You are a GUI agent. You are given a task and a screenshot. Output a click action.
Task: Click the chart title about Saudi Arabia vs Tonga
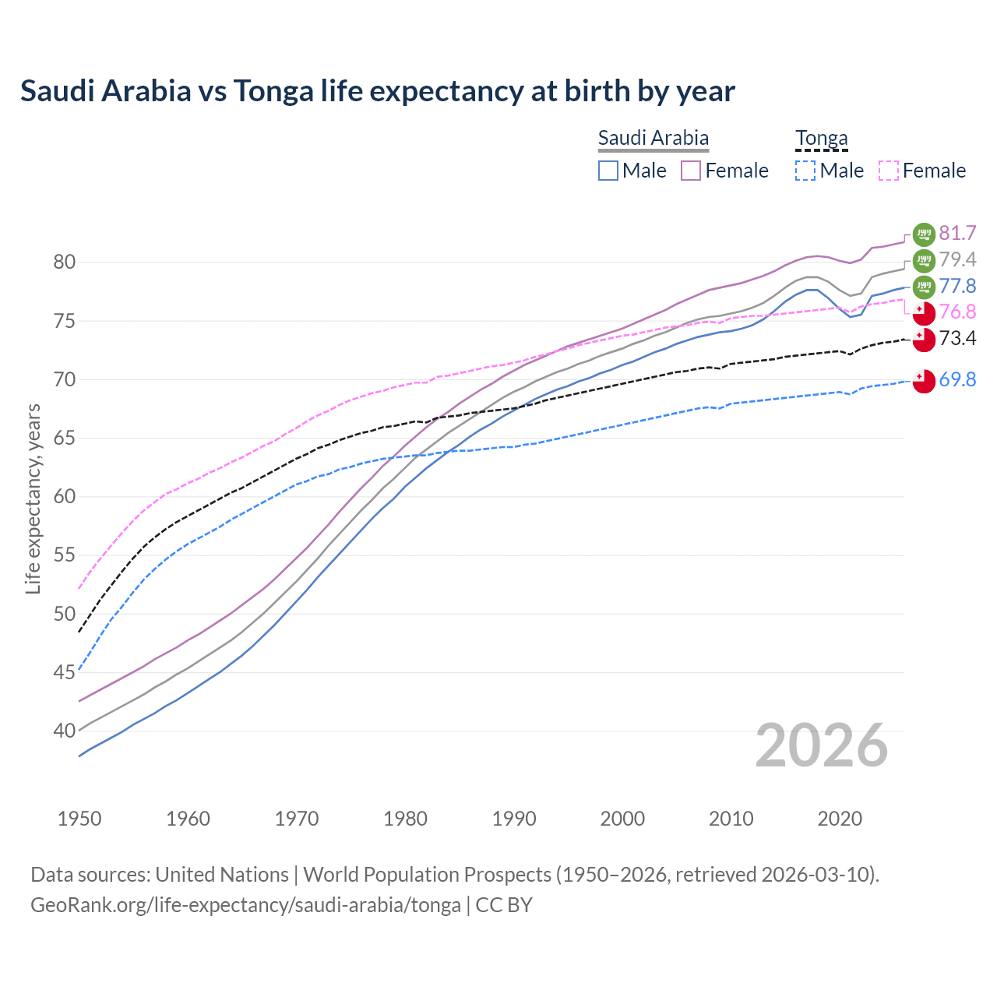point(377,91)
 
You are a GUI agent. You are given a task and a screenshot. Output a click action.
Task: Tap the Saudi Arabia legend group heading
point(653,138)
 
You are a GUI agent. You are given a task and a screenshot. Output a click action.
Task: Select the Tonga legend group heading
point(821,138)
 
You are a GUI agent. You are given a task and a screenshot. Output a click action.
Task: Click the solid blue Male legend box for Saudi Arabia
point(608,171)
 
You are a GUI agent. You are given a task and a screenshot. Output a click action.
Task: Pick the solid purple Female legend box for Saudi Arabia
point(691,171)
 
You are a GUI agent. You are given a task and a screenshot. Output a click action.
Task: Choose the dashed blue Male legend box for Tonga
point(805,171)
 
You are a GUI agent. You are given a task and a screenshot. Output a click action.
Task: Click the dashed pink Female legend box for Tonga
point(888,171)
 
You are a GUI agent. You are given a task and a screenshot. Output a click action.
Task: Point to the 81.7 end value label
point(957,233)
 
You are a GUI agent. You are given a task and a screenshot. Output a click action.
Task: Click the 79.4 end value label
point(957,259)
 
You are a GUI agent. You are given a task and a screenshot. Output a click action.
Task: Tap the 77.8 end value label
point(957,286)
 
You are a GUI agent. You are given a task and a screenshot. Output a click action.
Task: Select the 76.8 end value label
point(957,312)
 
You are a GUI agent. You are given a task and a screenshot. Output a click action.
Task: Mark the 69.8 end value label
point(957,379)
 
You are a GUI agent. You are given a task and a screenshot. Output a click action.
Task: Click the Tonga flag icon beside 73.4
point(924,339)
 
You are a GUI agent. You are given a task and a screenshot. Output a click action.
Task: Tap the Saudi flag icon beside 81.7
point(924,234)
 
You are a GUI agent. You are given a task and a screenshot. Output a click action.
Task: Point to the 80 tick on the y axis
point(64,262)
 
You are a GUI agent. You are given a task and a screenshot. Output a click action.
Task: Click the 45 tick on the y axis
point(64,672)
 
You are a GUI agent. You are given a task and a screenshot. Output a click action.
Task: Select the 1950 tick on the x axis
point(79,819)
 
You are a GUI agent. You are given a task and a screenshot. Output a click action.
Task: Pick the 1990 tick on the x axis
point(514,819)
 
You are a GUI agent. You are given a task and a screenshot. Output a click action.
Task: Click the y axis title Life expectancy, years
point(33,498)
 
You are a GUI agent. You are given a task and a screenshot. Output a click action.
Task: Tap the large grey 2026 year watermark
point(821,745)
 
